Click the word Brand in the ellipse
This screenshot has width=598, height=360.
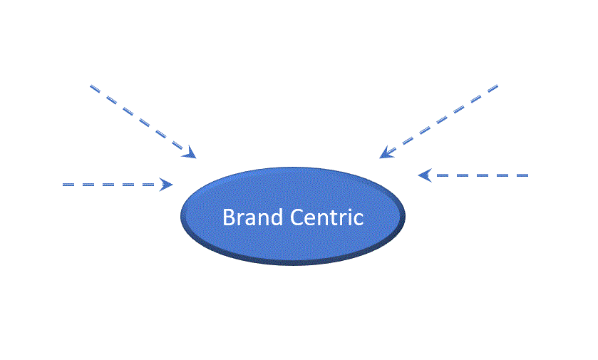(x=246, y=217)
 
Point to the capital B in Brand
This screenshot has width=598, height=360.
(x=229, y=217)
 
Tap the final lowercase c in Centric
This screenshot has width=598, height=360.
(x=358, y=219)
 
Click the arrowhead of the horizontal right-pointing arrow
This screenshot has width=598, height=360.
(x=167, y=185)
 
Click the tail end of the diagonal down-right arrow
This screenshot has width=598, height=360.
(x=92, y=87)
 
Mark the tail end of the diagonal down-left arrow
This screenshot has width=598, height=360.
(x=496, y=86)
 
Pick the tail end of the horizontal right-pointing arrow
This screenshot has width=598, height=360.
(x=65, y=185)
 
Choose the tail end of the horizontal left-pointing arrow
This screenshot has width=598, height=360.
(x=527, y=175)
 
